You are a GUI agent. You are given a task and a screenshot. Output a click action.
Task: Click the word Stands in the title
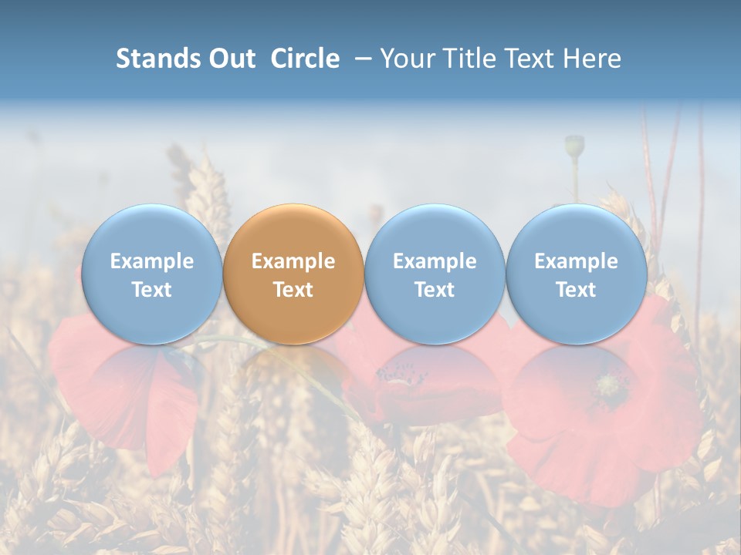point(158,59)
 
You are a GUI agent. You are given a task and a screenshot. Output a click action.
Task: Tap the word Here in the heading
point(594,59)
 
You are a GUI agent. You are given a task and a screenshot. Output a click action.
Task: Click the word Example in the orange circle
point(293,261)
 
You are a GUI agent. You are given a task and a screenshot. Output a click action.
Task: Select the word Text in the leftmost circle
point(151,290)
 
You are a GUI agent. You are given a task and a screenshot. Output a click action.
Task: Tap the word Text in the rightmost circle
point(577,290)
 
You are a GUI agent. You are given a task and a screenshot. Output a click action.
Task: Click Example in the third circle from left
point(435,261)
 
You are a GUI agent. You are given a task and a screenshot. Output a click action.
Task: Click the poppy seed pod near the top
point(574,144)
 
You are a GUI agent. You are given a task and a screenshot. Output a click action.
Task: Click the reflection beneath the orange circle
point(293,370)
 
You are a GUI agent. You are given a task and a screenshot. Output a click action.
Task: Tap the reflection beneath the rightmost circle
point(577,370)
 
